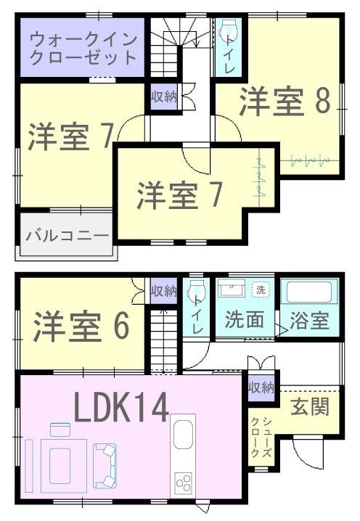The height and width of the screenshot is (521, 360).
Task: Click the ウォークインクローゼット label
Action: point(83,49)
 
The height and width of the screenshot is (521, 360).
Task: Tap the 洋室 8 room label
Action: point(285,101)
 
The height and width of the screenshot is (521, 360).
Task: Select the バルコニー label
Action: point(67,236)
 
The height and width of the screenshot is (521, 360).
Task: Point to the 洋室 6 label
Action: point(81,327)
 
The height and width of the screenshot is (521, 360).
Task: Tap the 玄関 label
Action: point(310,406)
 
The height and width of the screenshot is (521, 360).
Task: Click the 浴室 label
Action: point(309,320)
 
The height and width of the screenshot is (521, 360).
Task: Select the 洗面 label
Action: point(245,319)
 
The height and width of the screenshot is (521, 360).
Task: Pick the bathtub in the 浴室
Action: point(309,292)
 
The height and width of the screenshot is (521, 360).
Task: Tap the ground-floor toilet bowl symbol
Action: point(196,291)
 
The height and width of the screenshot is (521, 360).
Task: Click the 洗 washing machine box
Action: point(261,290)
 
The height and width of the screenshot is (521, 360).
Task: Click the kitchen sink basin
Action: point(183,434)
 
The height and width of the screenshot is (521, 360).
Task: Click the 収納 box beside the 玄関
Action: point(261,387)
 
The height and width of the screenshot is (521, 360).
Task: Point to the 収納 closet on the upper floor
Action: point(164,97)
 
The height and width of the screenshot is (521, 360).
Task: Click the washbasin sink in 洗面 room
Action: point(232,288)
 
